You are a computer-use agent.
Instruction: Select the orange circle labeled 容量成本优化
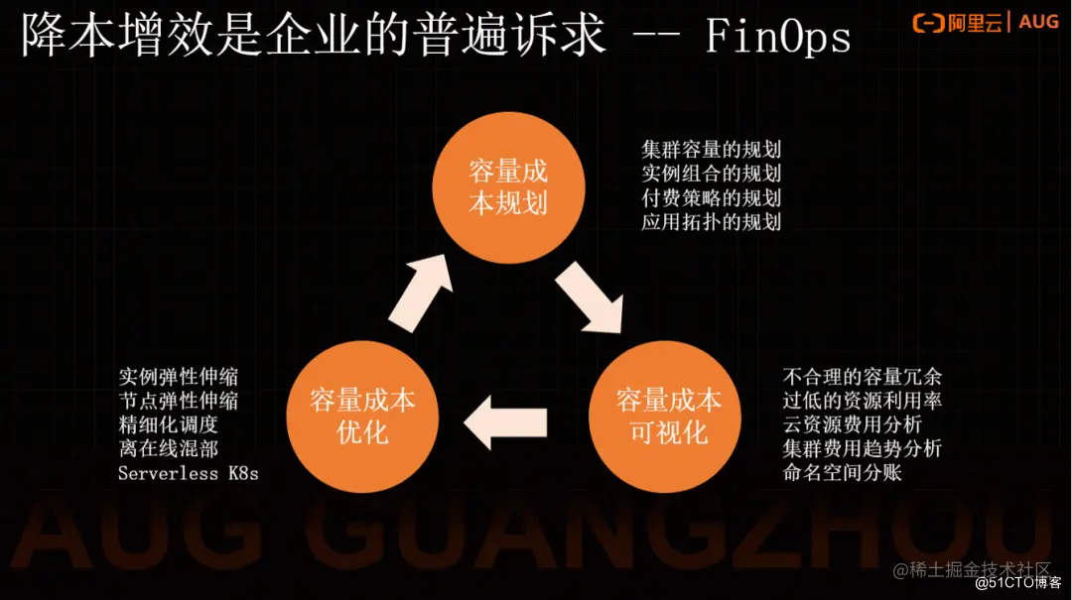[362, 417]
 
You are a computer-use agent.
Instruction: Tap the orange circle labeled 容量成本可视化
[668, 417]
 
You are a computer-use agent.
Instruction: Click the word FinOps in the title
[778, 38]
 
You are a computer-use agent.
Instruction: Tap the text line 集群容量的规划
[711, 150]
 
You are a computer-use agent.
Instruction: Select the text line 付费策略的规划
[711, 197]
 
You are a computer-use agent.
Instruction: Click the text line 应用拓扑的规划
[711, 221]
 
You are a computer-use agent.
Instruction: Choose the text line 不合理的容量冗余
[863, 377]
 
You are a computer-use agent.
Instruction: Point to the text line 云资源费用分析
[851, 424]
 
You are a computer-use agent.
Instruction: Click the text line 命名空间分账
[842, 472]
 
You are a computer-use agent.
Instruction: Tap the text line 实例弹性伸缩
[178, 377]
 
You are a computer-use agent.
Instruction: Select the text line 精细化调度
[168, 424]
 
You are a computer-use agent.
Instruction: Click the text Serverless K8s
[188, 473]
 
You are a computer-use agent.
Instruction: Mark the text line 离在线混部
[168, 448]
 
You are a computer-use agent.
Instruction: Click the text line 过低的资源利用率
[863, 401]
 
